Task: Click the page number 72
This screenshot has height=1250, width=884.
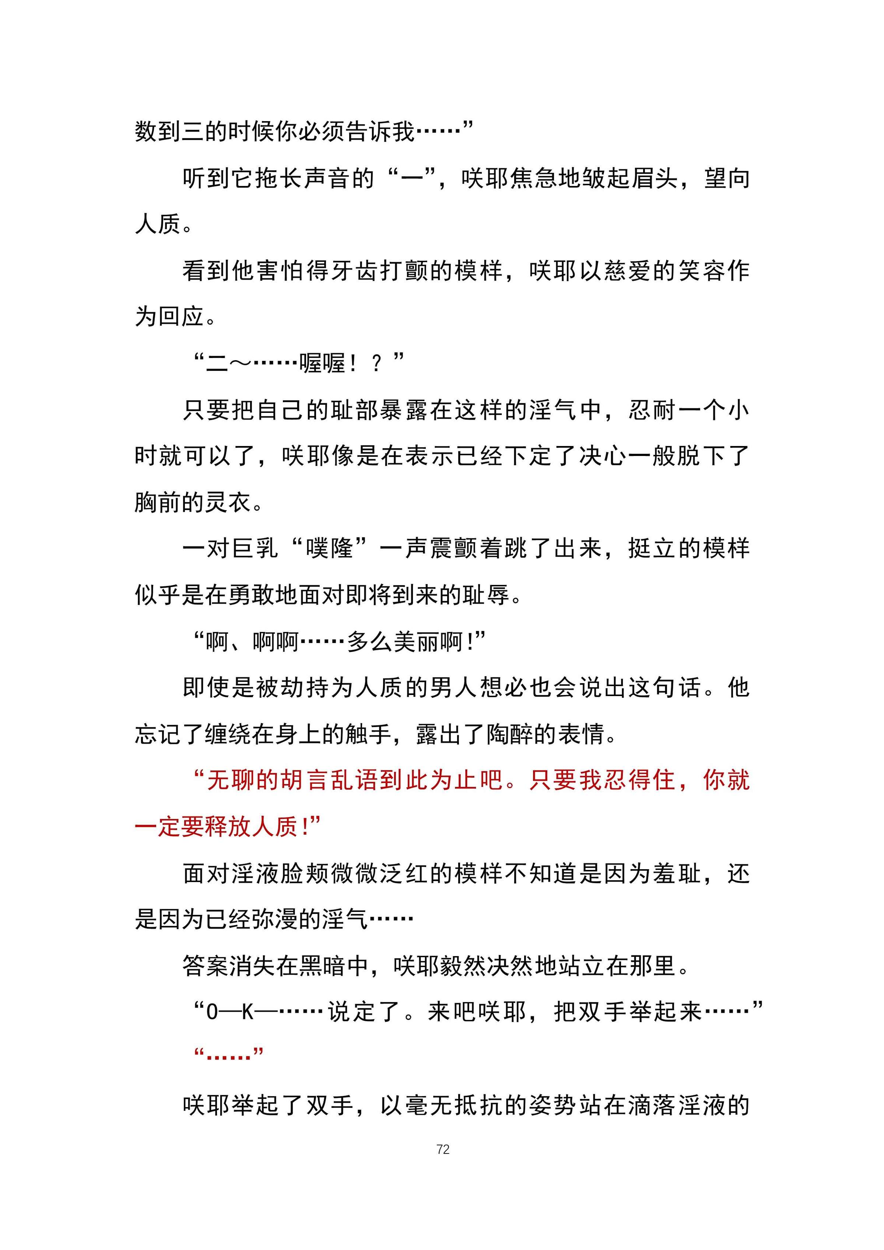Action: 442,1149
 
